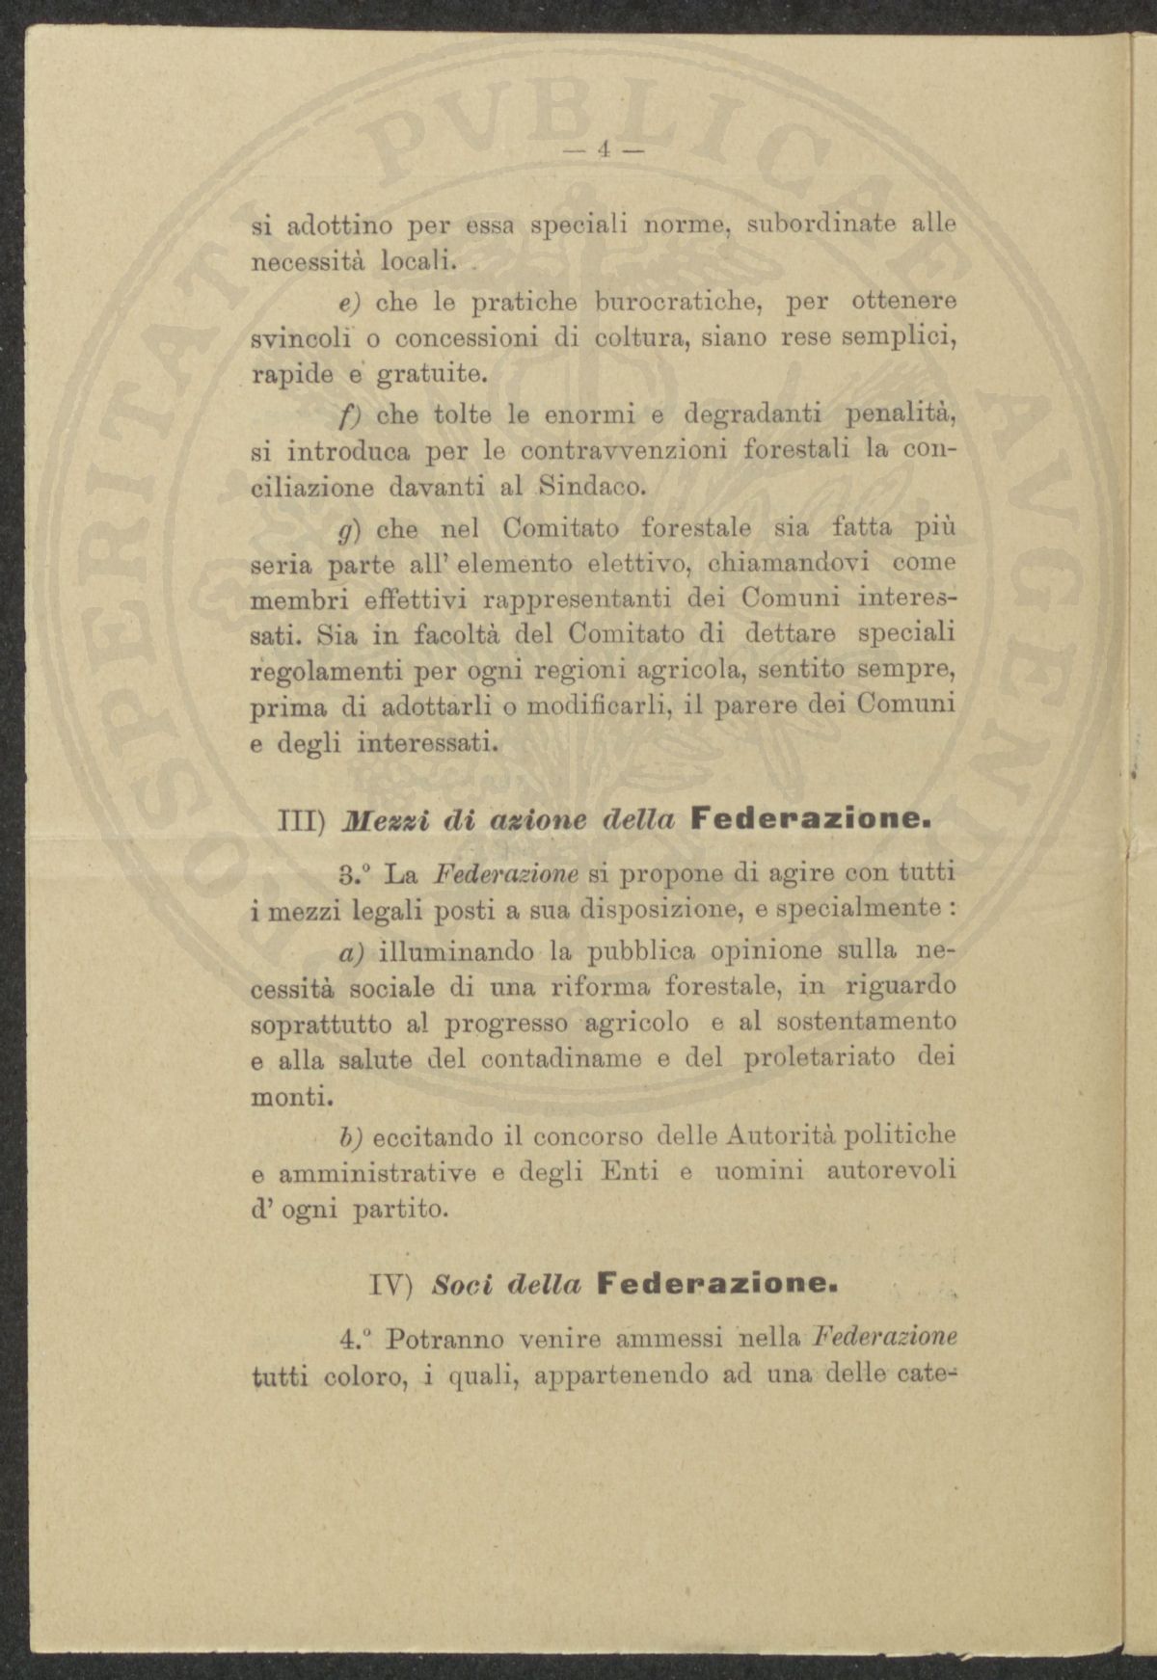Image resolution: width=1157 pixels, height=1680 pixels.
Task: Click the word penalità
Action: pos(901,414)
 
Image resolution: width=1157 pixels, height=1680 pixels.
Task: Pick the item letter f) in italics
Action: pos(347,415)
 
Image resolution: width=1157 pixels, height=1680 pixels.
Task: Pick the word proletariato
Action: pos(821,1058)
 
